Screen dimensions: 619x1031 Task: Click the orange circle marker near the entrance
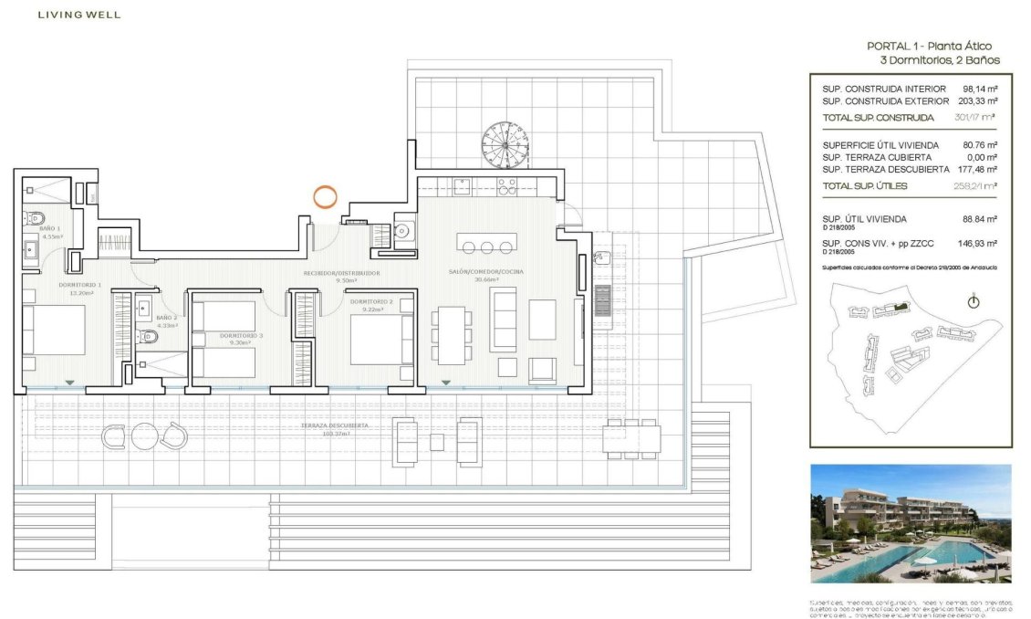pyautogui.click(x=325, y=195)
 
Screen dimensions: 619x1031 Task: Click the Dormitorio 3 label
pyautogui.click(x=241, y=336)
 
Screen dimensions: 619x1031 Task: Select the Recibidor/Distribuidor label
pyautogui.click(x=342, y=273)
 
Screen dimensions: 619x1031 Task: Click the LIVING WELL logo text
pyautogui.click(x=78, y=15)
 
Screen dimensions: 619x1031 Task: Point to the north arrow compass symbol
pyautogui.click(x=973, y=302)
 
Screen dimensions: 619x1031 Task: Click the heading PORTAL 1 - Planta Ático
pyautogui.click(x=929, y=46)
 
